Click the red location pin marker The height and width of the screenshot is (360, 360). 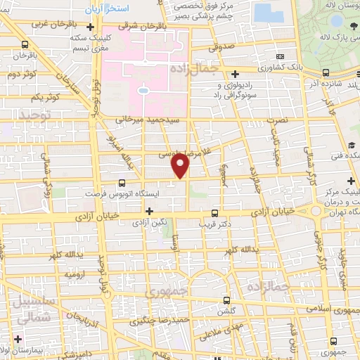(181, 166)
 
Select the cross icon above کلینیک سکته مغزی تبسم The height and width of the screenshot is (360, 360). (89, 27)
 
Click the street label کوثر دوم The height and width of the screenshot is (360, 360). (21, 72)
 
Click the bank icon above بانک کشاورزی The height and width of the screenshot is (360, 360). (280, 56)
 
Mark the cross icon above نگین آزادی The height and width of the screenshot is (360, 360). (148, 210)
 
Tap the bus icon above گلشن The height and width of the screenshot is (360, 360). (226, 299)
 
